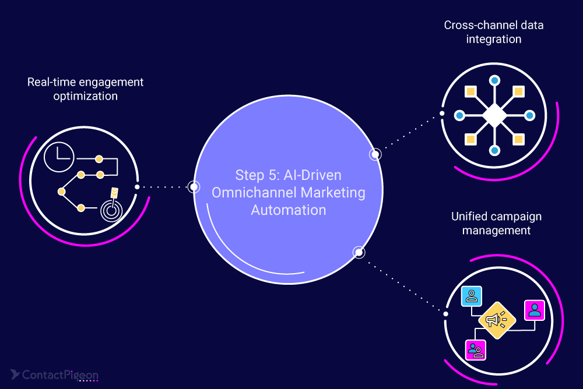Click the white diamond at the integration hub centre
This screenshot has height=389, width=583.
pyautogui.click(x=494, y=115)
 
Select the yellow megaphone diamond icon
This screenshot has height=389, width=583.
pyautogui.click(x=497, y=319)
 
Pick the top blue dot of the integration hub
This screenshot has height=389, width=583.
pyautogui.click(x=494, y=80)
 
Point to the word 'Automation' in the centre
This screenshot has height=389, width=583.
pyautogui.click(x=289, y=210)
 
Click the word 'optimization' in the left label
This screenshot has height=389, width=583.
pyautogui.click(x=85, y=96)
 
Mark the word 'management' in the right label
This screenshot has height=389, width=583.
pyautogui.click(x=496, y=231)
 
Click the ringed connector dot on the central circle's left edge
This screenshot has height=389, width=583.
pyautogui.click(x=194, y=187)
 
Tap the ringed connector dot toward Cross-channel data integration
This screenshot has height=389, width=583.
pyautogui.click(x=375, y=154)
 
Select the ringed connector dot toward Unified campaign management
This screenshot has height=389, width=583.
pyautogui.click(x=359, y=252)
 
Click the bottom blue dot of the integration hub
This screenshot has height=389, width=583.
pyautogui.click(x=494, y=151)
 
